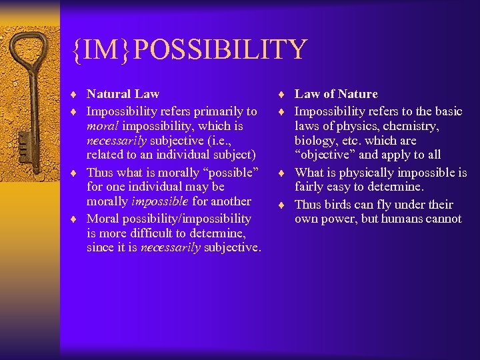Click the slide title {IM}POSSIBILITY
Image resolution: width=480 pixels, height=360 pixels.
click(191, 50)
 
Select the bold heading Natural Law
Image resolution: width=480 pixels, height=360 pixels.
click(123, 94)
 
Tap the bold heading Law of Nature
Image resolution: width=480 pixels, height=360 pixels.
click(336, 94)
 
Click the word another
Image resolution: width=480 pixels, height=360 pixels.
click(231, 201)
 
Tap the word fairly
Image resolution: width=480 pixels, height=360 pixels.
click(312, 187)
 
